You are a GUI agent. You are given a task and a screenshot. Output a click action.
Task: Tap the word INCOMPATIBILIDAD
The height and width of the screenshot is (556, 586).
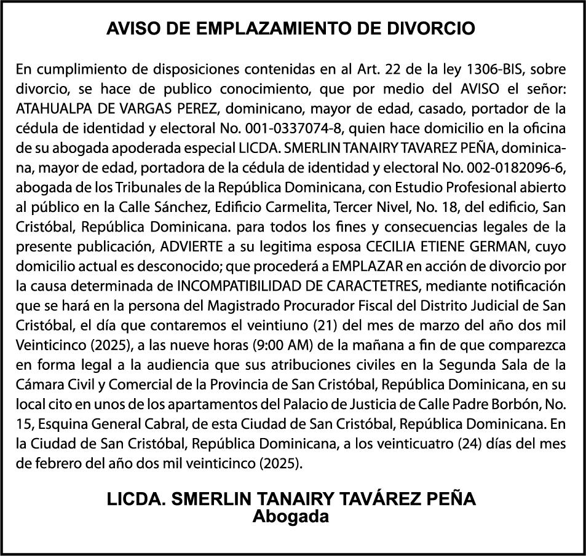(x=239, y=286)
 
